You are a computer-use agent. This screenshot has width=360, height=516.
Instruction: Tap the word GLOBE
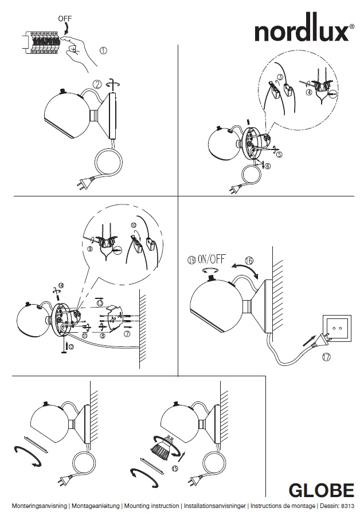click(x=321, y=491)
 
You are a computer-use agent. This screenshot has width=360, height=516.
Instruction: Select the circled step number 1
click(x=103, y=50)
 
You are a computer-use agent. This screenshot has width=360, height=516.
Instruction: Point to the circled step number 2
click(x=98, y=84)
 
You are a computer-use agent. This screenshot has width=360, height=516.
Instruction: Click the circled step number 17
click(x=326, y=358)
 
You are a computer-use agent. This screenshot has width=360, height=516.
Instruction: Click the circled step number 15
click(x=174, y=468)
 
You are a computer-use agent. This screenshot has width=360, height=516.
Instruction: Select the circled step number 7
click(x=127, y=333)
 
